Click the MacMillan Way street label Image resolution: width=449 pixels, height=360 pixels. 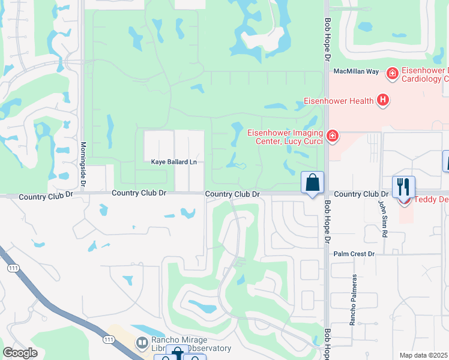click(x=356, y=71)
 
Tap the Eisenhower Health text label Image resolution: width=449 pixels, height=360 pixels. click(x=339, y=100)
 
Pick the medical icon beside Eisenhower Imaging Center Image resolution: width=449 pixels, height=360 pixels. click(x=333, y=137)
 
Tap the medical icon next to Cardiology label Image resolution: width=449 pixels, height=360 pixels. click(x=393, y=73)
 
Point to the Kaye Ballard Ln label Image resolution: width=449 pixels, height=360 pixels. click(x=173, y=162)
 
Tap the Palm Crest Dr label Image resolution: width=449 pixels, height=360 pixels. click(x=354, y=254)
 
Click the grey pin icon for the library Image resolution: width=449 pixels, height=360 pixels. click(x=141, y=343)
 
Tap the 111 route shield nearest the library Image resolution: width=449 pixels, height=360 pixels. click(x=109, y=340)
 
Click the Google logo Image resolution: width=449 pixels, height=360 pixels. click(x=20, y=353)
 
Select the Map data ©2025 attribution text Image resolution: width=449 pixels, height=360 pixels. click(x=424, y=355)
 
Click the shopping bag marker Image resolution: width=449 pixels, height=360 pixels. click(x=313, y=182)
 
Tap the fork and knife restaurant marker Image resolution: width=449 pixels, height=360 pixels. click(x=403, y=187)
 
